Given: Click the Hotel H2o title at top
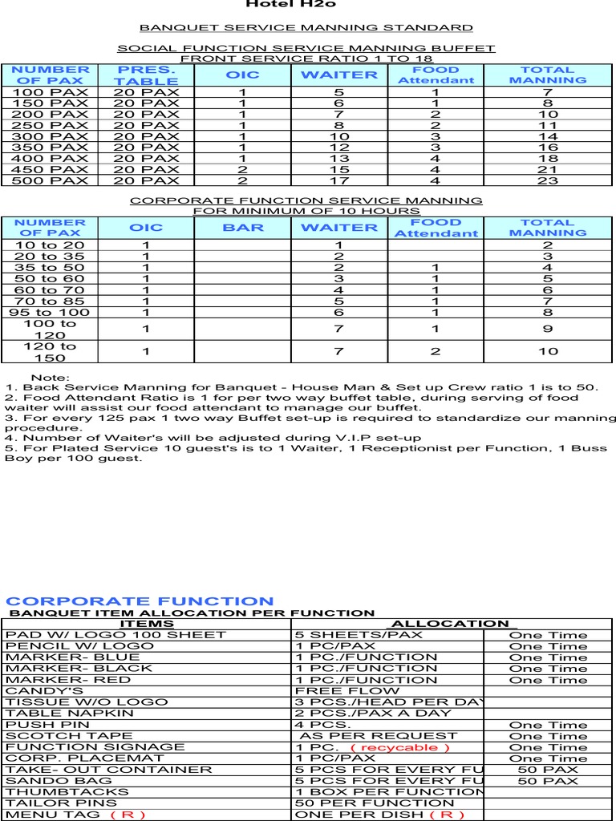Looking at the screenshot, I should pyautogui.click(x=279, y=4).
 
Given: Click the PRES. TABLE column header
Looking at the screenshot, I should pyautogui.click(x=145, y=75).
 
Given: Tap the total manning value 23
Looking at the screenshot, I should pyautogui.click(x=548, y=180).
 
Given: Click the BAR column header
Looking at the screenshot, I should pyautogui.click(x=243, y=228).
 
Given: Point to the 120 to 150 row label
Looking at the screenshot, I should pyautogui.click(x=50, y=351).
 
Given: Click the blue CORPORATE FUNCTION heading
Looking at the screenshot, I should pyautogui.click(x=140, y=601).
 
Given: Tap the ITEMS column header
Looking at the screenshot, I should pyautogui.click(x=146, y=624).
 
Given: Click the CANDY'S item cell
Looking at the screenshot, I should pyautogui.click(x=45, y=690).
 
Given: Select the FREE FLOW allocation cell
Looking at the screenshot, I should pyautogui.click(x=347, y=690).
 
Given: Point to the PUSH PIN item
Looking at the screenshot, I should pyautogui.click(x=41, y=725).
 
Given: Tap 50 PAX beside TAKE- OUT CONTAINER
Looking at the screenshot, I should pyautogui.click(x=548, y=770).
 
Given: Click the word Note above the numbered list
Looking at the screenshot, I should pyautogui.click(x=50, y=378).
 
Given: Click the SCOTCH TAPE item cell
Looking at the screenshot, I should pyautogui.click(x=51, y=736).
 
